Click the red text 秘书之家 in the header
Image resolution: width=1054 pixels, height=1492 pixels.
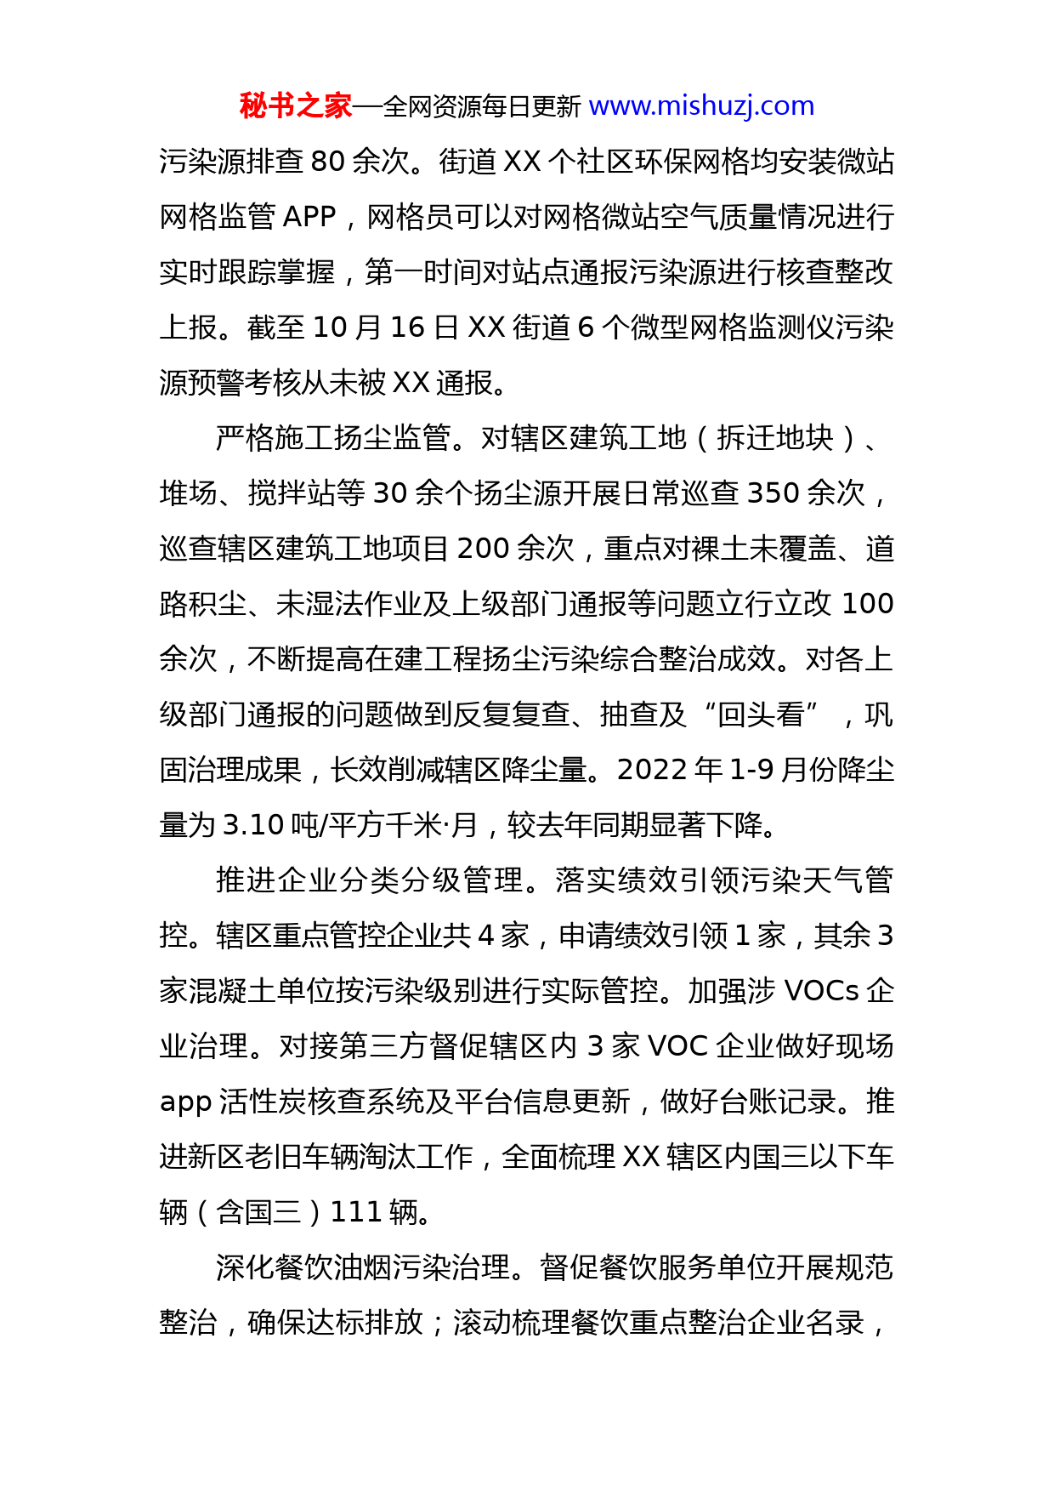pyautogui.click(x=295, y=106)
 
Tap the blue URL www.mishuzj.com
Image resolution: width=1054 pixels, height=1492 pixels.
pyautogui.click(x=701, y=106)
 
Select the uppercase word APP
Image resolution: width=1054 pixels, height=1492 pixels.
pyautogui.click(x=309, y=217)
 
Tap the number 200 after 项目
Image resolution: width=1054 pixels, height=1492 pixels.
pyautogui.click(x=483, y=549)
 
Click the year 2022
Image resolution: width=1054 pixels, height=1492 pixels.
pyautogui.click(x=652, y=770)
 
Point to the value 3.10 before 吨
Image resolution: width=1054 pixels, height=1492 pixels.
pyautogui.click(x=252, y=825)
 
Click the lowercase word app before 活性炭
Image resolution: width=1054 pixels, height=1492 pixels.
pyautogui.click(x=185, y=1102)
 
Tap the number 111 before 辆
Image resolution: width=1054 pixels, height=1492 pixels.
pyautogui.click(x=354, y=1212)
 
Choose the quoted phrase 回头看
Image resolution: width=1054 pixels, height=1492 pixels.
pyautogui.click(x=762, y=715)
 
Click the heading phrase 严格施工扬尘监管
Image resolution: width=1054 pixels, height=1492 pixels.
pyautogui.click(x=333, y=438)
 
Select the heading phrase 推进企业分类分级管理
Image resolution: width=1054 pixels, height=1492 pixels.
pyautogui.click(x=370, y=880)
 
